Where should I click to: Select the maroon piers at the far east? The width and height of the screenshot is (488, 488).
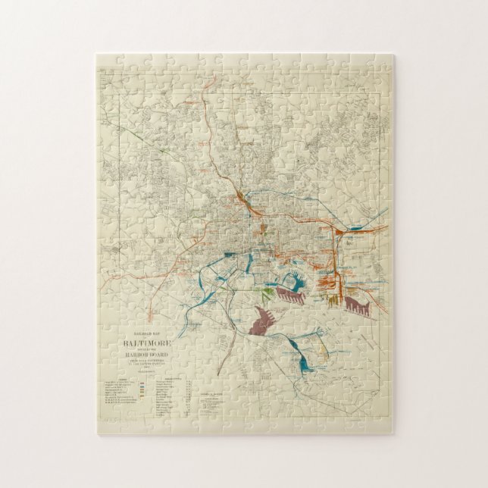(x=357, y=305)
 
